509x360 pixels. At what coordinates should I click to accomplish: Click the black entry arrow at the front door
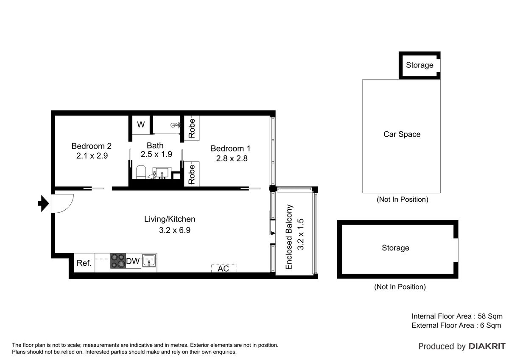[x=43, y=203]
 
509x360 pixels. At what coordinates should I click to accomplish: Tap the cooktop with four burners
[x=118, y=261]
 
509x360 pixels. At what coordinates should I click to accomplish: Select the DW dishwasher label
[x=133, y=261]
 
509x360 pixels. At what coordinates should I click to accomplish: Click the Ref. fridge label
[x=84, y=263]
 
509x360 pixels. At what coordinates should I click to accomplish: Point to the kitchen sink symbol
[x=149, y=261]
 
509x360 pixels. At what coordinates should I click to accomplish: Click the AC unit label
[x=223, y=269]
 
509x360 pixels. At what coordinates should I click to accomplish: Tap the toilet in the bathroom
[x=141, y=172]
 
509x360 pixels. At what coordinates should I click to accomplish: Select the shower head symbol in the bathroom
[x=175, y=125]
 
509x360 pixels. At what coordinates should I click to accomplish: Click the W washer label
[x=141, y=124]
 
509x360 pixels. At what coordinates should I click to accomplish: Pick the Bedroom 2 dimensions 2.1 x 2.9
[x=92, y=156]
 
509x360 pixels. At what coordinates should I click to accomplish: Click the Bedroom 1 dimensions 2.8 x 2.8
[x=232, y=158]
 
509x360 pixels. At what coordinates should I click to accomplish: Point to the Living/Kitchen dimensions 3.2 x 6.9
[x=175, y=230]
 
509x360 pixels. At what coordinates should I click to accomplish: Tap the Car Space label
[x=402, y=134]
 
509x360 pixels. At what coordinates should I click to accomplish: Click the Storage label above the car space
[x=420, y=65]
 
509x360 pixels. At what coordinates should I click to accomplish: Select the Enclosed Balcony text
[x=288, y=237]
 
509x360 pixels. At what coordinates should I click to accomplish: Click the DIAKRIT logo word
[x=487, y=346]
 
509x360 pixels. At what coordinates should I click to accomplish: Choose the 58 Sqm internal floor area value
[x=490, y=316]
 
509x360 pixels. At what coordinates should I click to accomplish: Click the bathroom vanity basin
[x=162, y=173]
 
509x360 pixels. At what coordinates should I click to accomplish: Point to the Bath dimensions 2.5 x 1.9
[x=157, y=154]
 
